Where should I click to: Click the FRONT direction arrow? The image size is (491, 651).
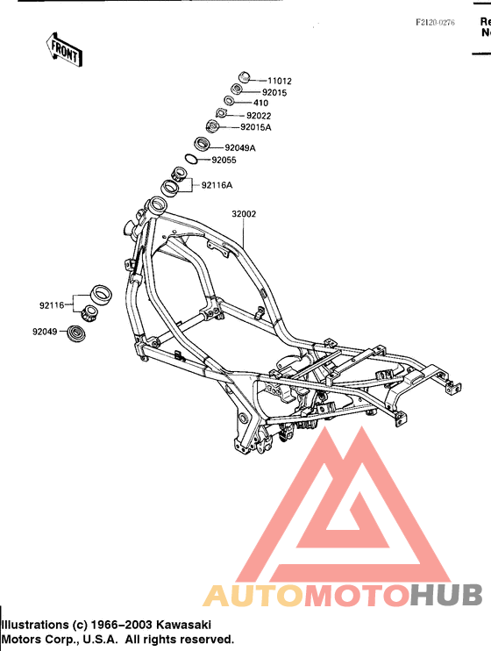point(64,51)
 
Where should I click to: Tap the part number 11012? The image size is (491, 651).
point(280,81)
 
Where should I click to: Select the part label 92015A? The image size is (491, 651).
point(256,127)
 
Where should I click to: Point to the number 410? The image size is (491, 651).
point(260,103)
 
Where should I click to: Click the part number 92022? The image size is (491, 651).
point(259,116)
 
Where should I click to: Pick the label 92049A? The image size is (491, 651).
point(240,147)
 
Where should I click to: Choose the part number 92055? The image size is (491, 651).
point(224,160)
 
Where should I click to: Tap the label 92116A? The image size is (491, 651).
point(217,185)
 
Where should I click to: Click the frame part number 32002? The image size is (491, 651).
point(244,214)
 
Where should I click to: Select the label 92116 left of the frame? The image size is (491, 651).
point(52,305)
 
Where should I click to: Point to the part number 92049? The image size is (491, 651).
point(45,332)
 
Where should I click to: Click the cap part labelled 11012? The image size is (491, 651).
point(245,77)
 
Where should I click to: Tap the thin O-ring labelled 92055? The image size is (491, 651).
point(191,158)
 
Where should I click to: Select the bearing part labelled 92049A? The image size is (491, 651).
point(203,144)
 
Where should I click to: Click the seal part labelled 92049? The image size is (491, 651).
point(75,333)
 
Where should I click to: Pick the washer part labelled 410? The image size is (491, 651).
point(229,100)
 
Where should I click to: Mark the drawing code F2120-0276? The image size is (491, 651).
point(436,23)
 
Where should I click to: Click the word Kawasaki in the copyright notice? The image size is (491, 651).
point(183,625)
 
